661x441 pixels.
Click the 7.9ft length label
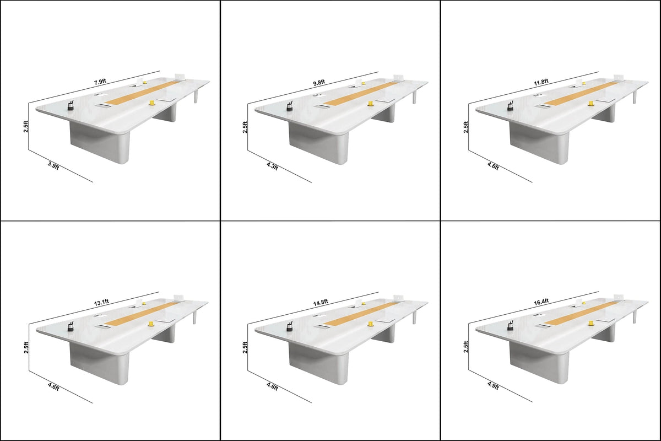[x=100, y=82]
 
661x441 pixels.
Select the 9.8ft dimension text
[x=319, y=82]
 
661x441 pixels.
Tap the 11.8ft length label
[x=541, y=82]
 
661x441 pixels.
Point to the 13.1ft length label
[x=101, y=302]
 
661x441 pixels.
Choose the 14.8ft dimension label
[x=321, y=302]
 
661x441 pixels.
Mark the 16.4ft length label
[x=541, y=302]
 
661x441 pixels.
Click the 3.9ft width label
[x=53, y=166]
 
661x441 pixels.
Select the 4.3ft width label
[x=272, y=166]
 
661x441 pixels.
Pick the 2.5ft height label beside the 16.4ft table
[x=465, y=347]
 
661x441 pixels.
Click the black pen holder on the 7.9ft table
[x=71, y=105]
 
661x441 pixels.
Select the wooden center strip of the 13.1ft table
[x=140, y=313]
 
